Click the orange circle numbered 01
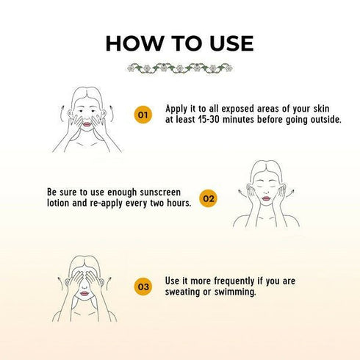(143, 115)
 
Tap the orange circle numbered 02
(208, 198)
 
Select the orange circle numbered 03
(143, 287)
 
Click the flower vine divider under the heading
(180, 68)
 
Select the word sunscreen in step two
(160, 192)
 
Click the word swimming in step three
(235, 292)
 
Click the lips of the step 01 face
(87, 125)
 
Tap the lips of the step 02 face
(266, 198)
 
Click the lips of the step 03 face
(84, 293)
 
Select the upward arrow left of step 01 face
(60, 114)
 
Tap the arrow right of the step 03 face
(108, 284)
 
